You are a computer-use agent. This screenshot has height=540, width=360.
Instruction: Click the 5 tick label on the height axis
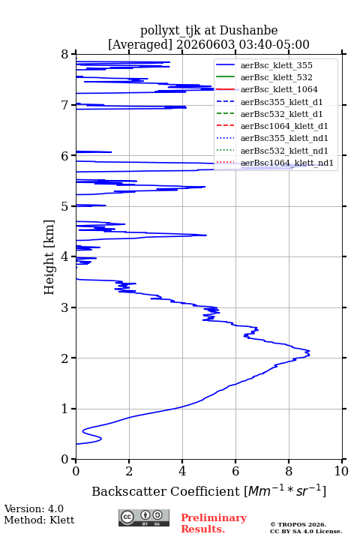(x=64, y=206)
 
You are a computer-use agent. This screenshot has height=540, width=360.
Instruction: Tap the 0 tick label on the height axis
(x=64, y=459)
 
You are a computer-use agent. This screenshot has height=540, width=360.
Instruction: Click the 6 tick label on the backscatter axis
(x=235, y=471)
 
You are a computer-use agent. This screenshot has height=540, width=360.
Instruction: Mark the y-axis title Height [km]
(x=49, y=257)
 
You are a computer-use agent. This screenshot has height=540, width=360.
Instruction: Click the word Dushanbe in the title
(x=248, y=31)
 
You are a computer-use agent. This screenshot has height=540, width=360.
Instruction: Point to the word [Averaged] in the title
(x=140, y=44)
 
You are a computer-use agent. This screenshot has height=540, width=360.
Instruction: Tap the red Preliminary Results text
(x=214, y=523)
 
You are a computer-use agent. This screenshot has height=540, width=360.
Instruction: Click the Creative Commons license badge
(x=144, y=517)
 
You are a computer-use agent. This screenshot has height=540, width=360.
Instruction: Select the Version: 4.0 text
(x=34, y=508)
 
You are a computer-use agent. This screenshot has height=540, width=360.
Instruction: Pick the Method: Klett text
(x=39, y=520)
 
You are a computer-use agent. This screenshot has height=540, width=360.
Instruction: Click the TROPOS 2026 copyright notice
(x=298, y=524)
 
